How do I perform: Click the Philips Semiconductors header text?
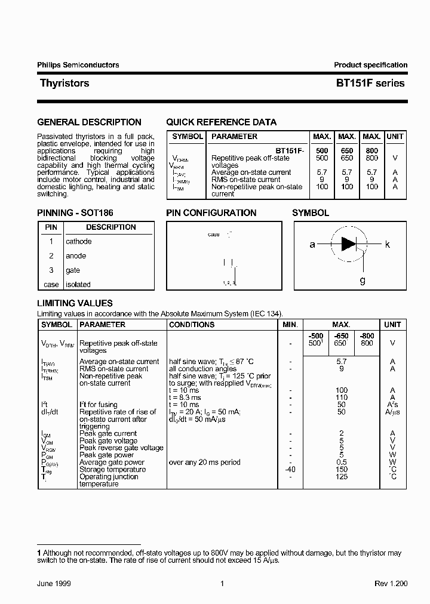[x=78, y=65]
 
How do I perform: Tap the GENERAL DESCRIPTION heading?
[x=89, y=122]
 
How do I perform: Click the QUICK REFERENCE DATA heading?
[x=221, y=122]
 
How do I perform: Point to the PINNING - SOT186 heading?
[x=75, y=213]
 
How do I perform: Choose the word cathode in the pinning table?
[x=79, y=242]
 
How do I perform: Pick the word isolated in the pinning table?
[x=78, y=285]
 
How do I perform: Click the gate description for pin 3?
[x=73, y=270]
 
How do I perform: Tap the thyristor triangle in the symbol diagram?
[x=348, y=244]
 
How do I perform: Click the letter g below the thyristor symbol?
[x=363, y=280]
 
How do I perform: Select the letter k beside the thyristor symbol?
[x=388, y=244]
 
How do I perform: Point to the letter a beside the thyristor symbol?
[x=312, y=244]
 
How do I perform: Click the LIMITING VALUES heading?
[x=75, y=303]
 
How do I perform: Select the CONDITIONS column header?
[x=192, y=325]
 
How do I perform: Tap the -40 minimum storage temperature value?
[x=289, y=469]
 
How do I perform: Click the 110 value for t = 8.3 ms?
[x=341, y=397]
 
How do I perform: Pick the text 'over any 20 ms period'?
[x=205, y=462]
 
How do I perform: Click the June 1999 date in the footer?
[x=54, y=584]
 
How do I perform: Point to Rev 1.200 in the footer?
[x=391, y=584]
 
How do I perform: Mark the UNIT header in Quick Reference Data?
[x=395, y=137]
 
